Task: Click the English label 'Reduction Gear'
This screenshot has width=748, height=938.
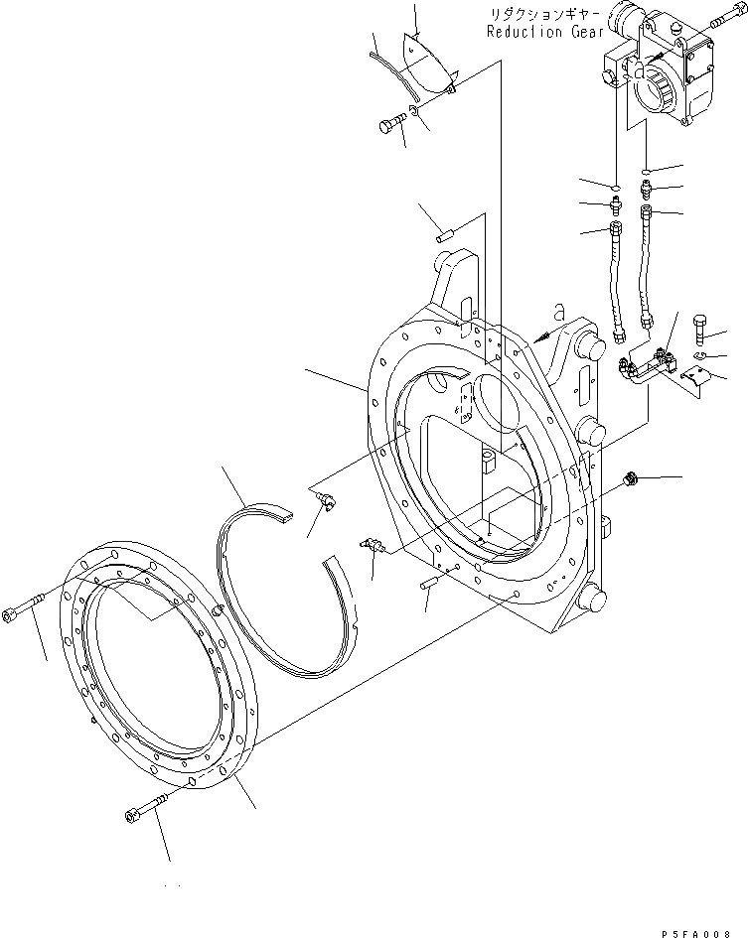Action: (x=544, y=32)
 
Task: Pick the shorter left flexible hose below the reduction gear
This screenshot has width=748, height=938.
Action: (x=616, y=277)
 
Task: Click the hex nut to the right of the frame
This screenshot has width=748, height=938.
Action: (x=628, y=480)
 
